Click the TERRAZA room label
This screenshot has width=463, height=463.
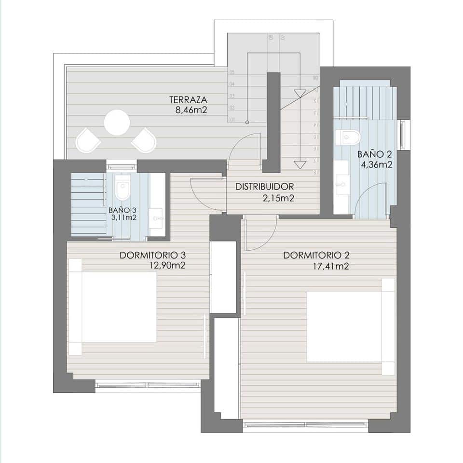188,100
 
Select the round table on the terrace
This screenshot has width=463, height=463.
117,123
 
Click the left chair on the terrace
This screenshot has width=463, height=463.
88,140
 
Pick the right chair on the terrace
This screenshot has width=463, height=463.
144,140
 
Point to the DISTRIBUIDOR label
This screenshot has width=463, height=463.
264,187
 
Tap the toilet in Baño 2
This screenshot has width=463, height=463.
348,137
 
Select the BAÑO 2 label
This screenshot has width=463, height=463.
374,155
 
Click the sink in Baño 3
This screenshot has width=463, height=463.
157,218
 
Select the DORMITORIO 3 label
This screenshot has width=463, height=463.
152,255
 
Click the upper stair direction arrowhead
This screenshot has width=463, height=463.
300,94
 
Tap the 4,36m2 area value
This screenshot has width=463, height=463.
376,164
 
